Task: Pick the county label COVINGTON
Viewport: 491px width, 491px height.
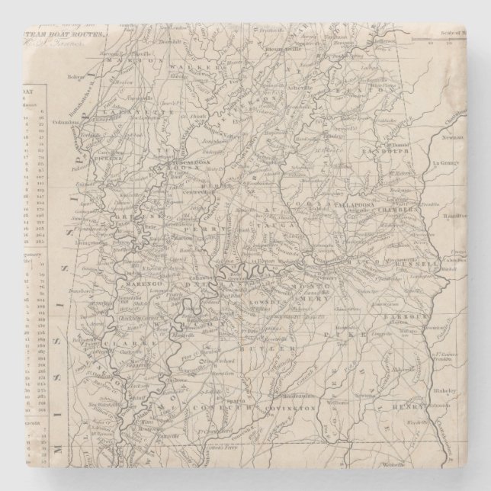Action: point(290,409)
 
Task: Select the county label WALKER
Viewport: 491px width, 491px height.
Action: point(189,68)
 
